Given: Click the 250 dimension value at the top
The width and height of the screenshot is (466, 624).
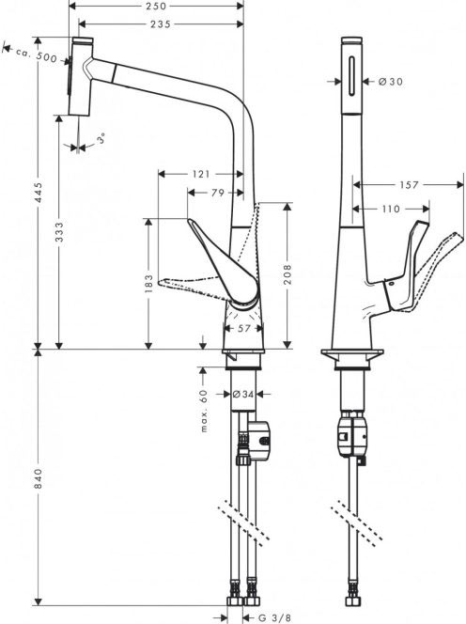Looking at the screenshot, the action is point(156,6).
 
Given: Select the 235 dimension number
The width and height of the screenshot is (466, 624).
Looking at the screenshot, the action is point(161,24).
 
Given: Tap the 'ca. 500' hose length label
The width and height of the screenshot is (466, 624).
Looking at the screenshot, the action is point(37,55).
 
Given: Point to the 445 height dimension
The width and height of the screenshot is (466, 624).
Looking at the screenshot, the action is point(39,193).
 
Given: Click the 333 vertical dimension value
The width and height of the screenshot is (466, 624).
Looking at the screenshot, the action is point(58,233).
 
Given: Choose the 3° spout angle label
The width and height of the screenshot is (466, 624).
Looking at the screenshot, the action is point(101,139).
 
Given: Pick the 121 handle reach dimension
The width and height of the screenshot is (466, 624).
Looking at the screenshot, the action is point(201,174).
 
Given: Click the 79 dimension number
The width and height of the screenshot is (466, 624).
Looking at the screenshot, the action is point(218,193).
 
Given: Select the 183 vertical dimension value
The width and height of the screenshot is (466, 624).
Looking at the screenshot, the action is point(148,284).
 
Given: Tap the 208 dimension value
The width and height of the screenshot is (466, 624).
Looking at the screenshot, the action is point(287,273).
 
